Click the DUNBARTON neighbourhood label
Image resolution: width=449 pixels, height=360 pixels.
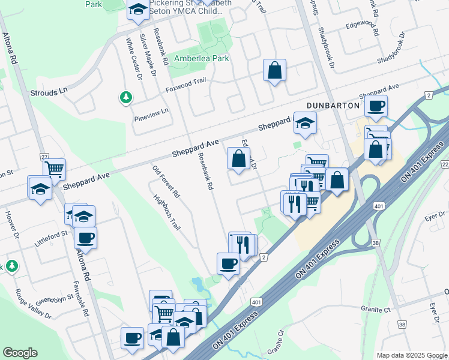(333, 105)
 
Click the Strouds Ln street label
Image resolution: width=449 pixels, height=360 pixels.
(49, 93)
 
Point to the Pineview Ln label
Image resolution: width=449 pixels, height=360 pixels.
(151, 111)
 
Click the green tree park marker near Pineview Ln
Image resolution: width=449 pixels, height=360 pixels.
(125, 97)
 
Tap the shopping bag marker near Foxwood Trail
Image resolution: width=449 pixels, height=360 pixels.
(274, 70)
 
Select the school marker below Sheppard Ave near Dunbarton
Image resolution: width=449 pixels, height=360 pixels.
(305, 124)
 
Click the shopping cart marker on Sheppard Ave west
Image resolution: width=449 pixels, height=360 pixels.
(55, 169)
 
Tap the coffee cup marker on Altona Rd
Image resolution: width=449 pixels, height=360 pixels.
(85, 238)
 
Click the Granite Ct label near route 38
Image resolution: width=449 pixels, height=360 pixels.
(376, 310)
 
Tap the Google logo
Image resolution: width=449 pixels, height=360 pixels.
(20, 353)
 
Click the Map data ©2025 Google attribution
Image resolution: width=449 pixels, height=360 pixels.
(411, 355)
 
